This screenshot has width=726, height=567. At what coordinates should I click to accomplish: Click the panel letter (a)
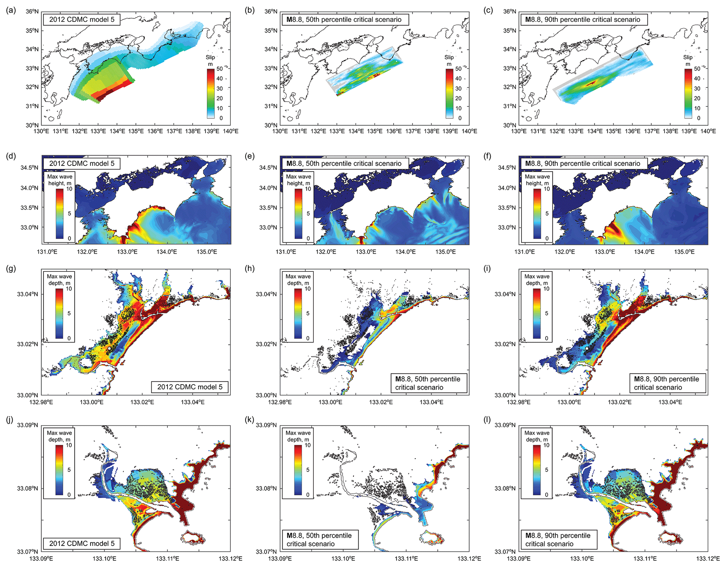[11, 10]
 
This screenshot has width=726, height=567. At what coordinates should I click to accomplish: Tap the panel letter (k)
[249, 420]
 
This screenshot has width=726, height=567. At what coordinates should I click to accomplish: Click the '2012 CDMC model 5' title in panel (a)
[81, 19]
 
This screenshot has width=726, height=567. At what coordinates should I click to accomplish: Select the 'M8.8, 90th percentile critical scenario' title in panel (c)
[583, 19]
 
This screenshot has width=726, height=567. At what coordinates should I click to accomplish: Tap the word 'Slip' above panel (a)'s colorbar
[210, 57]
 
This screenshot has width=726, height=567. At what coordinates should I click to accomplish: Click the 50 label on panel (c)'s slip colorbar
[697, 69]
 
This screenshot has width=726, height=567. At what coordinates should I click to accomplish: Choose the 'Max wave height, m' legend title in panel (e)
[299, 180]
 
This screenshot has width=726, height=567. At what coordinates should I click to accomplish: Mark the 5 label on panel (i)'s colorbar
[547, 313]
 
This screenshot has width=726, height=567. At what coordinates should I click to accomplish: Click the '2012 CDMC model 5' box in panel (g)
[190, 387]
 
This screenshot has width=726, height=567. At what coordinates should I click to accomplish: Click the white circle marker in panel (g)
[109, 348]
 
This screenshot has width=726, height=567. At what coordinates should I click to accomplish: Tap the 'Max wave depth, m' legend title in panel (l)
[537, 436]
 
